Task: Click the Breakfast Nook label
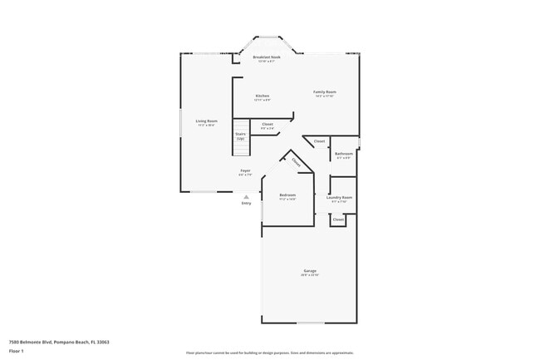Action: (267, 57)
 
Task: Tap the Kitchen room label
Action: (263, 96)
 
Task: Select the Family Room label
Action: (324, 91)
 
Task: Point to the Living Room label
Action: (206, 121)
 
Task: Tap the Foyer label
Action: (245, 170)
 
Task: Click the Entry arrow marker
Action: (246, 196)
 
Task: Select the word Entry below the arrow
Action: (246, 203)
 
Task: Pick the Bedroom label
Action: (287, 196)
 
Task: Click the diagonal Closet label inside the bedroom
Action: (297, 163)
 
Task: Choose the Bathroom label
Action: (344, 154)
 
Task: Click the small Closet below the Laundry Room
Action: (338, 219)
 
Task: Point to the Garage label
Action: (310, 272)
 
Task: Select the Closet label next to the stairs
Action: (268, 124)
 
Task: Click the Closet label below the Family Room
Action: (319, 141)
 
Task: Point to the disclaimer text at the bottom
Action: (269, 353)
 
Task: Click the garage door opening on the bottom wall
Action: (311, 323)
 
